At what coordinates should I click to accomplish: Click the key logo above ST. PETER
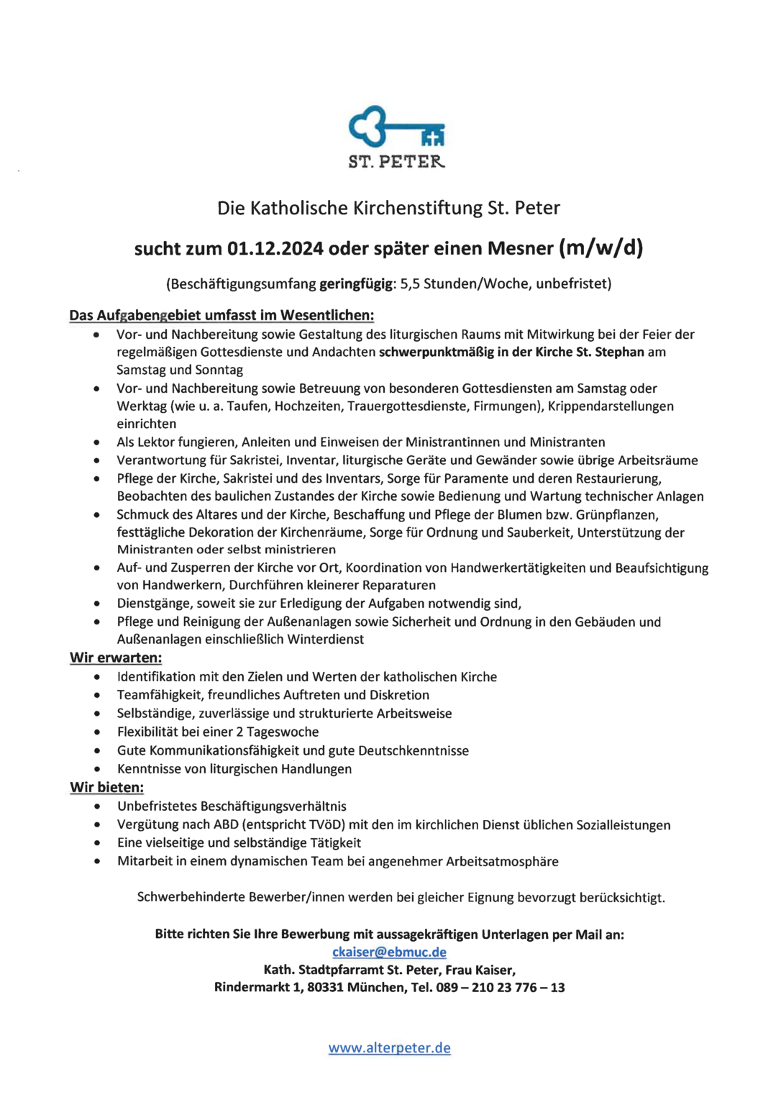coord(396,127)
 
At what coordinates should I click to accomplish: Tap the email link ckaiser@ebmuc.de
coord(389,952)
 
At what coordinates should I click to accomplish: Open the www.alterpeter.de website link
coord(389,1047)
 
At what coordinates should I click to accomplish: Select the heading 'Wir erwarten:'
coord(116,658)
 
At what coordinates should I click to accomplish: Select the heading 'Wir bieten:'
coord(106,787)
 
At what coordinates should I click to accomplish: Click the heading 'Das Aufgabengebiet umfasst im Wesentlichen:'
coord(221,315)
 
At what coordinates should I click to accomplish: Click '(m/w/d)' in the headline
coord(600,248)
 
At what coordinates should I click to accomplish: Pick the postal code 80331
coord(325,987)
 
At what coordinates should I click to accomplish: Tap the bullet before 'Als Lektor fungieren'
coord(96,442)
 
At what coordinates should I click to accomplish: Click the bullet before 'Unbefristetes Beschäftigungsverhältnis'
coord(96,806)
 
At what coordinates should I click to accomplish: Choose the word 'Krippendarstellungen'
coord(611,406)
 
